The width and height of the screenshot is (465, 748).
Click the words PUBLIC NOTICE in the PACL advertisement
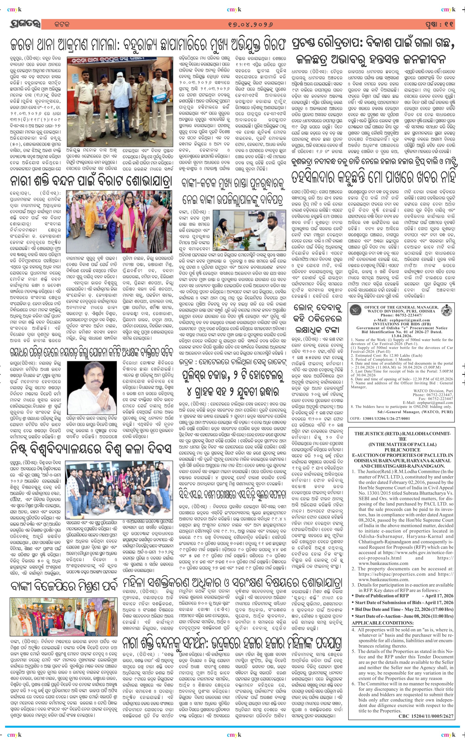pos(402,450)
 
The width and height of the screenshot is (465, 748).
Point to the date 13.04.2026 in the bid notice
pos(401,336)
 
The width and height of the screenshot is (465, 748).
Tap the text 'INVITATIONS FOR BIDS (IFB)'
pos(401,324)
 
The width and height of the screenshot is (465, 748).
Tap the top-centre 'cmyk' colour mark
pos(234,10)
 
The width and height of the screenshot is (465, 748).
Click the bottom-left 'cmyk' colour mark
pos(14,735)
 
